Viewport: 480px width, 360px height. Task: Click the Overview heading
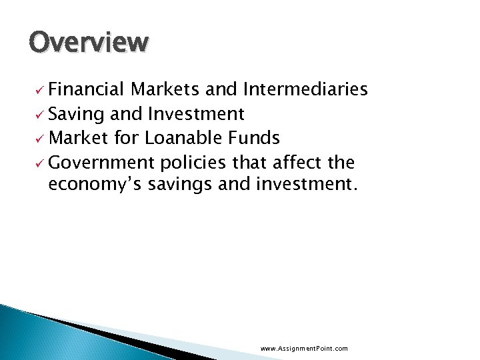tap(89, 41)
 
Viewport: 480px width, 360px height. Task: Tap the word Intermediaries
tap(305, 90)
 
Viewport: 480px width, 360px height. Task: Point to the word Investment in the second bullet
tap(196, 114)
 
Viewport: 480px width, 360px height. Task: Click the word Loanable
tap(177, 138)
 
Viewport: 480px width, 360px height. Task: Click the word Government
tap(101, 162)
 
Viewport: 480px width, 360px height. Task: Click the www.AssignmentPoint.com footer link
tap(304, 349)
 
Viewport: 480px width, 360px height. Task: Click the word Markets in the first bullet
tap(162, 90)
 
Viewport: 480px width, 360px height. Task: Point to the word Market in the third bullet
tap(77, 138)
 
